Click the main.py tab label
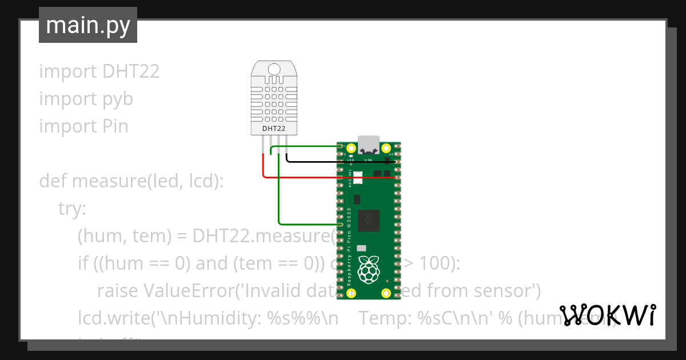[x=88, y=25]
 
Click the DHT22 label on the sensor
[x=274, y=129]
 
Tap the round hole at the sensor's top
[x=274, y=69]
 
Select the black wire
[x=337, y=162]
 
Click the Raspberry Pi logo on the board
[x=369, y=269]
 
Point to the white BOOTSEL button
[x=358, y=177]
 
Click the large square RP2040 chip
[x=369, y=221]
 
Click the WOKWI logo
[x=607, y=315]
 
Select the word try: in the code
[x=72, y=209]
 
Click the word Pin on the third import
[x=115, y=126]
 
